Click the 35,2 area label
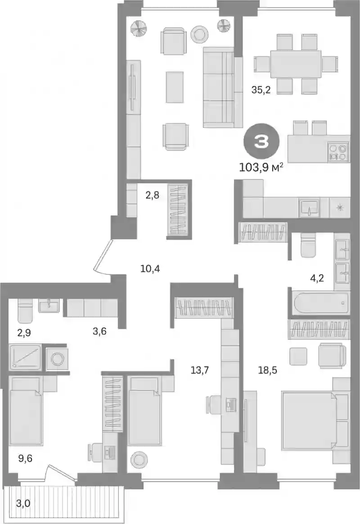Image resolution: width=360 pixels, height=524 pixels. (x=261, y=90)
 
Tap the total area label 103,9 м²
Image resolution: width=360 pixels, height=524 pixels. (x=261, y=166)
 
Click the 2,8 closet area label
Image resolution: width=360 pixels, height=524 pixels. (x=152, y=195)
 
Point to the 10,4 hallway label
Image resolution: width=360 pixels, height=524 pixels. (x=150, y=268)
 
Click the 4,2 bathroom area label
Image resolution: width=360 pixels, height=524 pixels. (x=317, y=278)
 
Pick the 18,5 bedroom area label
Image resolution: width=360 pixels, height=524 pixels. (x=267, y=370)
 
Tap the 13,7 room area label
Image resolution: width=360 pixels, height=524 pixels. (x=199, y=370)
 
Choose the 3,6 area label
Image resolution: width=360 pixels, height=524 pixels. (x=99, y=332)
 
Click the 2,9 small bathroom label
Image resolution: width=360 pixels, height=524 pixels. (x=24, y=333)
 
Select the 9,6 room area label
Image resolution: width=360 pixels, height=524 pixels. (x=25, y=458)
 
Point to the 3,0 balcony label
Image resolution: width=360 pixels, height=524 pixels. (x=23, y=503)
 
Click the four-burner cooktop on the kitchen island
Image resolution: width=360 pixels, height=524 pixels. (x=338, y=152)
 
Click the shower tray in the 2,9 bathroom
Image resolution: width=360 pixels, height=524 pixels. (x=25, y=357)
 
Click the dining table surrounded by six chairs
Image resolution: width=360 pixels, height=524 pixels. (x=296, y=63)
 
